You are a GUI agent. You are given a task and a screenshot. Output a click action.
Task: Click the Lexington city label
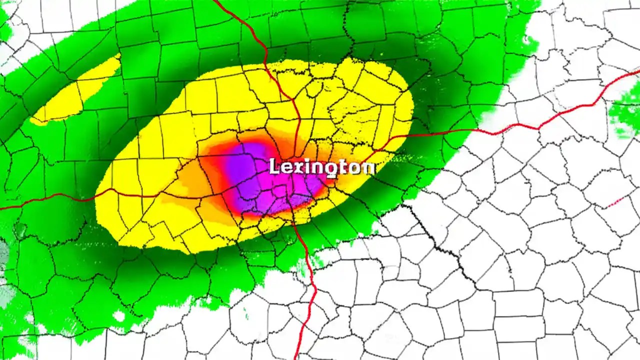[x=322, y=166]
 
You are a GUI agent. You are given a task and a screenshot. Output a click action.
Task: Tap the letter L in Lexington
[x=274, y=166]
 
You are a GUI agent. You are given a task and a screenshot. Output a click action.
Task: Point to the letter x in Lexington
[x=298, y=167]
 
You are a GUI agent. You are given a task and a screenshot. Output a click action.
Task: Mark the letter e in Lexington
[x=286, y=167]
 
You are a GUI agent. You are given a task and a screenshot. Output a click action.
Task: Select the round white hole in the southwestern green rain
[x=119, y=316]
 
